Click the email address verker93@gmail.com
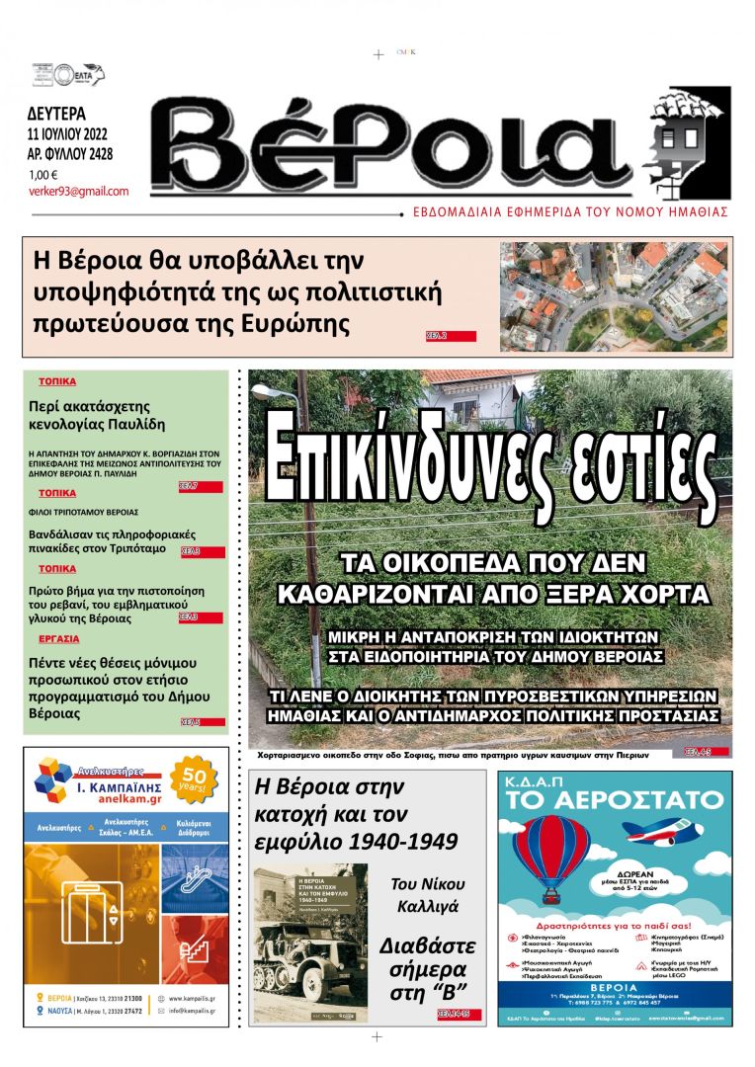[79, 191]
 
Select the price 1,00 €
[43, 175]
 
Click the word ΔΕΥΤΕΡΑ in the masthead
[56, 113]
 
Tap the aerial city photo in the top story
[615, 296]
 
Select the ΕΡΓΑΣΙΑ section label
[58, 640]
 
